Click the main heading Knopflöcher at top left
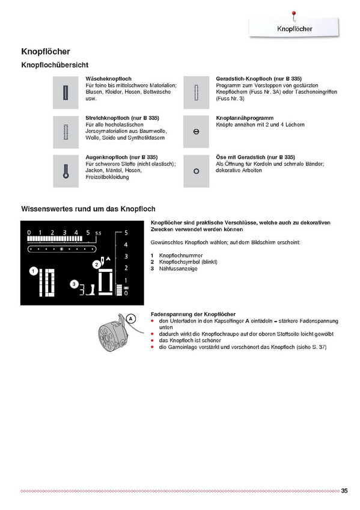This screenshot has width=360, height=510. click(x=46, y=51)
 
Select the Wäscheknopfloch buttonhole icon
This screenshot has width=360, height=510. click(x=66, y=93)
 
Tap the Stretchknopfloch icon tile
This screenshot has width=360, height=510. click(x=66, y=132)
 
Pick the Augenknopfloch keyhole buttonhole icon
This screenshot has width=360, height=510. click(x=66, y=171)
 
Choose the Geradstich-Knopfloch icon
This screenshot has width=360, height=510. click(x=197, y=93)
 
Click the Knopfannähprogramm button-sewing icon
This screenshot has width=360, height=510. click(x=197, y=132)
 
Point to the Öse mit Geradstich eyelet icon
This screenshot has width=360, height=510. click(x=197, y=171)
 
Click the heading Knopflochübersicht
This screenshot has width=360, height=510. click(x=55, y=65)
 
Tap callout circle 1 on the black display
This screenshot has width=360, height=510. click(x=34, y=271)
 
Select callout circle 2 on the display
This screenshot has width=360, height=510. click(x=97, y=265)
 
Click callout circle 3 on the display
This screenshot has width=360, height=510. click(x=74, y=284)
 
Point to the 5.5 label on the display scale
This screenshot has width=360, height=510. click(x=98, y=233)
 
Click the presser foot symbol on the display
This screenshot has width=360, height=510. click(x=91, y=290)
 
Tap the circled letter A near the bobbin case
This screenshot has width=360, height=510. click(x=130, y=319)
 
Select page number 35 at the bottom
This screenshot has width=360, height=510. click(x=344, y=491)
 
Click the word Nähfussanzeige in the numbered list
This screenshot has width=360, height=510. click(x=178, y=269)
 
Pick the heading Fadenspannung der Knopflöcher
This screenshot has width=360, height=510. click(x=193, y=314)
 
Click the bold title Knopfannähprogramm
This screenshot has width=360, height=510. click(x=245, y=118)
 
